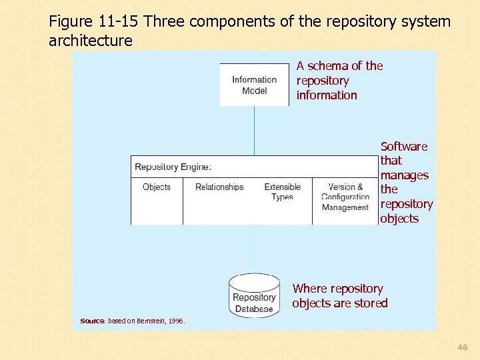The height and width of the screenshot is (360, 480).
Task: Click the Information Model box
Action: tap(254, 85)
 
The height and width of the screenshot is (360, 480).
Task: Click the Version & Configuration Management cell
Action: tap(345, 197)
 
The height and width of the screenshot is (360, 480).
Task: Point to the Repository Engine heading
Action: tap(173, 167)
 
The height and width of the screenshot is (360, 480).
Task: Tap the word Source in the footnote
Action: tap(92, 321)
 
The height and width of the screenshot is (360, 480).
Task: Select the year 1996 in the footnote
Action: tap(176, 321)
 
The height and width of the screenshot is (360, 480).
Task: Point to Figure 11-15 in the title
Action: tap(93, 21)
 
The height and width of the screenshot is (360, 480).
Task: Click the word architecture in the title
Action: tap(91, 41)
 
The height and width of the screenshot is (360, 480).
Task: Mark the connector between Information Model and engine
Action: tap(254, 131)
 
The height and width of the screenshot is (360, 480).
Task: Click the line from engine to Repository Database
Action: tap(253, 248)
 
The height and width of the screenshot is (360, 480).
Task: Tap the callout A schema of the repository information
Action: tap(339, 80)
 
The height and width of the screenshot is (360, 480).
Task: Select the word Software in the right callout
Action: tap(404, 146)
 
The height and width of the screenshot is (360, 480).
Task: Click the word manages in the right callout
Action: tap(404, 175)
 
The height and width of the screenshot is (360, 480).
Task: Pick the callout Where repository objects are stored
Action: tap(339, 296)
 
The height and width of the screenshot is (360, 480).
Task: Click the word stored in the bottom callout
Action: tap(371, 303)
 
